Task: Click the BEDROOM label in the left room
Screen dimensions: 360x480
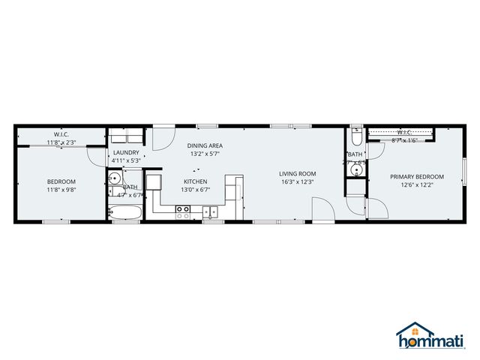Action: click(61, 181)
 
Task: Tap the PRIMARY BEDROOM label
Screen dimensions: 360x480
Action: click(416, 177)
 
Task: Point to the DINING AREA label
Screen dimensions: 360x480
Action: click(205, 145)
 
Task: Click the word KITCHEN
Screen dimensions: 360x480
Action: click(196, 181)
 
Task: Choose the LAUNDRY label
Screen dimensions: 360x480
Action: click(126, 152)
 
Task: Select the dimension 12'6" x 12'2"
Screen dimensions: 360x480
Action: click(416, 185)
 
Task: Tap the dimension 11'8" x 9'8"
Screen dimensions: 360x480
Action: click(61, 190)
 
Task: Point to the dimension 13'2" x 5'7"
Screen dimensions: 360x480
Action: click(205, 154)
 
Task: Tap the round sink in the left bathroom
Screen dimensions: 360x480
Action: click(115, 179)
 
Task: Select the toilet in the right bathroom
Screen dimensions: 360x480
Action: click(357, 137)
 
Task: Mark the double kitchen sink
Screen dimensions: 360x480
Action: click(212, 211)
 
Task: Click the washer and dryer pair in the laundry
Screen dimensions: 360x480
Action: click(126, 137)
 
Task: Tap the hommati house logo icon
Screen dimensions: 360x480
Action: click(409, 331)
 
